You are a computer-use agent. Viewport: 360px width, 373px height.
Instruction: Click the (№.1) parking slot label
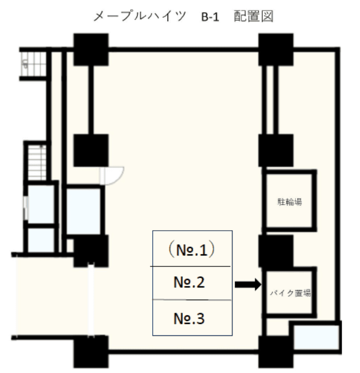(192, 250)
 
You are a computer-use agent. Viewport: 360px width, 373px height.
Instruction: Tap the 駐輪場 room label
(290, 202)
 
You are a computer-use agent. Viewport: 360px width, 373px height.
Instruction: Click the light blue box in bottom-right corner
(316, 337)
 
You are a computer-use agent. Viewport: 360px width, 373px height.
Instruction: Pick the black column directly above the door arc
(91, 150)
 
